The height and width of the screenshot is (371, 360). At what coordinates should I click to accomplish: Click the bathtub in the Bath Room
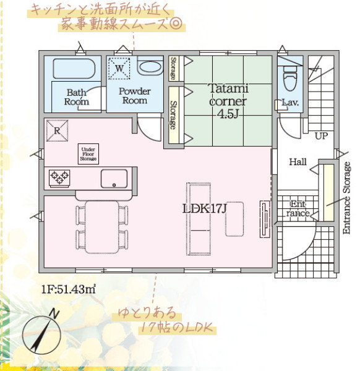74,69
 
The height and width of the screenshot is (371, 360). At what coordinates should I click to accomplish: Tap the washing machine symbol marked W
119,69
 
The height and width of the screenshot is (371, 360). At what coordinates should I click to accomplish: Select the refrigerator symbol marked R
57,130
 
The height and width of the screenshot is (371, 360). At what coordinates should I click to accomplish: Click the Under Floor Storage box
88,154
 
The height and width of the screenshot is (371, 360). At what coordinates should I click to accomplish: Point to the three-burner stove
59,178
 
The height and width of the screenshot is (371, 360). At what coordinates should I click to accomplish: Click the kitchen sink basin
114,179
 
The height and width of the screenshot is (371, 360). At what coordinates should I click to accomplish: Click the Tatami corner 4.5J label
228,101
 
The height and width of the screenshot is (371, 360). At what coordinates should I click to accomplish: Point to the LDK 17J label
205,208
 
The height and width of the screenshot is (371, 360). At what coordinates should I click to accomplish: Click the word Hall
298,162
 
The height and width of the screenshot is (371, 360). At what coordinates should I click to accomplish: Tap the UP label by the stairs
321,136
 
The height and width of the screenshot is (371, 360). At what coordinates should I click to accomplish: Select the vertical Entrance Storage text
346,198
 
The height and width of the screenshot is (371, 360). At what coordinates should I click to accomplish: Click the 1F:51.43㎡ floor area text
69,289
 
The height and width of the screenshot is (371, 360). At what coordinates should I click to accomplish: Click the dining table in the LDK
102,227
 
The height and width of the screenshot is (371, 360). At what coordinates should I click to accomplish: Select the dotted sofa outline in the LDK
199,219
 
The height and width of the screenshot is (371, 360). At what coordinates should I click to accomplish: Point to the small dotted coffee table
234,219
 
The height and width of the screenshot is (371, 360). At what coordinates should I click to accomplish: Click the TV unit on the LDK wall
265,219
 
